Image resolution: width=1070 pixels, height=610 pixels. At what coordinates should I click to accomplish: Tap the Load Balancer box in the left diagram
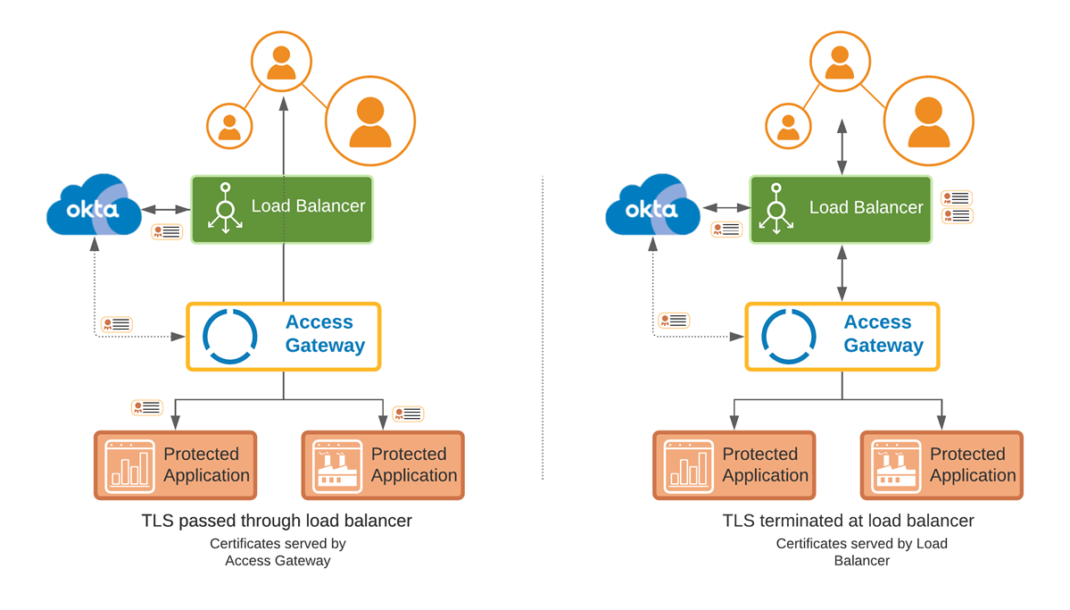pos(282,209)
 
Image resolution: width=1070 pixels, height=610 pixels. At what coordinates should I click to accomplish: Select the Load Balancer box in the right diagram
pos(841,209)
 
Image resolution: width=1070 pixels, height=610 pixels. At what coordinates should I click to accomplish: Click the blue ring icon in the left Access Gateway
pos(230,336)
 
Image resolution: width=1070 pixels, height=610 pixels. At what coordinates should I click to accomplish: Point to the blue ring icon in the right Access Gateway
pos(789,336)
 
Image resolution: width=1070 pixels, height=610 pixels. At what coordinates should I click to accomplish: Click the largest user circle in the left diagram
pos(370,121)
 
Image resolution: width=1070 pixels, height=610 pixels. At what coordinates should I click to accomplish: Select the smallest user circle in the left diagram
pos(229,126)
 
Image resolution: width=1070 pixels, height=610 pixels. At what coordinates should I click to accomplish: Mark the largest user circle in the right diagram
pos(929,121)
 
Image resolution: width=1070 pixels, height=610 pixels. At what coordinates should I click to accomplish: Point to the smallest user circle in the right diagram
pos(788,126)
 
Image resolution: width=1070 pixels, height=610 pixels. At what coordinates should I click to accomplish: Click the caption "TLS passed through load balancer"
pos(277,521)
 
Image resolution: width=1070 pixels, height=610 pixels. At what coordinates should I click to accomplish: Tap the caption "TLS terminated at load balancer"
pos(848,521)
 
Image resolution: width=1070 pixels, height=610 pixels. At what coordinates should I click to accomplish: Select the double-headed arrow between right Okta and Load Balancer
pos(726,208)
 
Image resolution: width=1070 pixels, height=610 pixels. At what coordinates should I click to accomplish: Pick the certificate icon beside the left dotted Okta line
pos(117,324)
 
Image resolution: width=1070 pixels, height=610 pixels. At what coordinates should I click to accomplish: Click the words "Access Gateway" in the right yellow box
pos(883,334)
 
